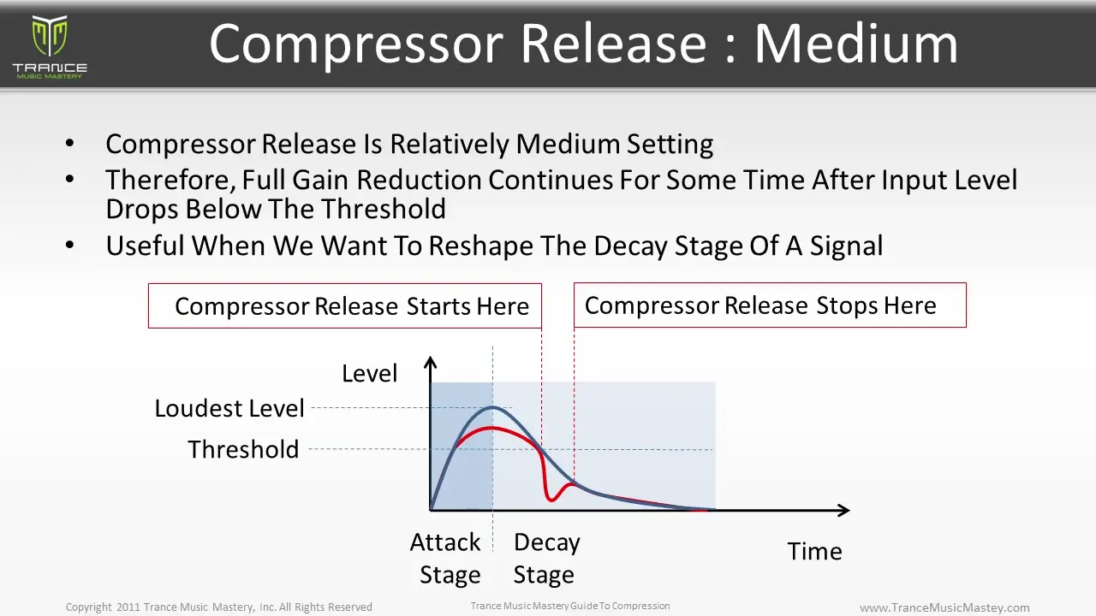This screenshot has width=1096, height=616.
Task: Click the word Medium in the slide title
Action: (855, 43)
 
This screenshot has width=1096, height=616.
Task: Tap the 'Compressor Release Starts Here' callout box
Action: (345, 306)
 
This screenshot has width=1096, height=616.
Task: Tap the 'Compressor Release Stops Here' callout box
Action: (769, 305)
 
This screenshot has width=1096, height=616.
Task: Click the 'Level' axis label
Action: (369, 374)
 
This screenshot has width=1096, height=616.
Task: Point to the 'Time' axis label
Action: (814, 552)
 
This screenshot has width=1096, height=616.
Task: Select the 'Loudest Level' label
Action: (229, 409)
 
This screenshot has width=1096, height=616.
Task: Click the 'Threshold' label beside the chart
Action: (243, 450)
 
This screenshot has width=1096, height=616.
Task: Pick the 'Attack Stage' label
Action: (446, 559)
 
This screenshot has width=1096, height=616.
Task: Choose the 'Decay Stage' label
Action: (546, 559)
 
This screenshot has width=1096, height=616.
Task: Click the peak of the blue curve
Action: (492, 406)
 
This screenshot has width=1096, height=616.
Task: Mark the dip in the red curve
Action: (551, 498)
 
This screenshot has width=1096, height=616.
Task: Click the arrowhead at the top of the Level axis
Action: (431, 363)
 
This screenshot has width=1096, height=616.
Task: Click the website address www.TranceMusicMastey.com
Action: (944, 607)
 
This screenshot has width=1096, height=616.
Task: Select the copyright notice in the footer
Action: (219, 607)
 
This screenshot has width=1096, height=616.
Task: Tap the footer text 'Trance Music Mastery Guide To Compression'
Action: (570, 607)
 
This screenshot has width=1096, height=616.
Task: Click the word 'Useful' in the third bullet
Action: (145, 246)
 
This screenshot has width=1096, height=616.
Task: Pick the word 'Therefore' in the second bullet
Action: (170, 181)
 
